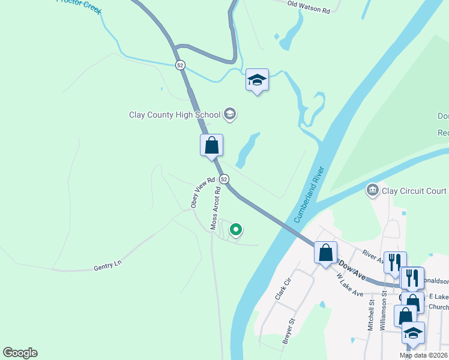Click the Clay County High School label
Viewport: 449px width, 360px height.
pos(175,114)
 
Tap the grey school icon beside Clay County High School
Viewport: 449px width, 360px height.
pos(229,113)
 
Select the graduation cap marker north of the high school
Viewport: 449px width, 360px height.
pos(257,80)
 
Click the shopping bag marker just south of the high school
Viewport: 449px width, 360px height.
pos(211,145)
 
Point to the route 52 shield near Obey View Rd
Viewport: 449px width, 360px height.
pos(224,179)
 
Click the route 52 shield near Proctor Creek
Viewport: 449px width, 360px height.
pos(180,65)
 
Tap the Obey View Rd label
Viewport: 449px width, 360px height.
pos(202,193)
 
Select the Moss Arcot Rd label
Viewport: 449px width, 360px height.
pos(215,208)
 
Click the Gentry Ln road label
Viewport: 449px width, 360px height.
pos(108,267)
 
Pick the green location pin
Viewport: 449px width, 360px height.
pos(236,229)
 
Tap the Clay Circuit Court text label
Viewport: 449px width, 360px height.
pos(414,191)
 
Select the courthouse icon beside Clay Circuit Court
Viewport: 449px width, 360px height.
pos(372,191)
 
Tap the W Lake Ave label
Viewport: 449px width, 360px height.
pos(349,285)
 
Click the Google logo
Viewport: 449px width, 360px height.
pos(20,352)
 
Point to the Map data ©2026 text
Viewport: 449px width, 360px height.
pos(423,355)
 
